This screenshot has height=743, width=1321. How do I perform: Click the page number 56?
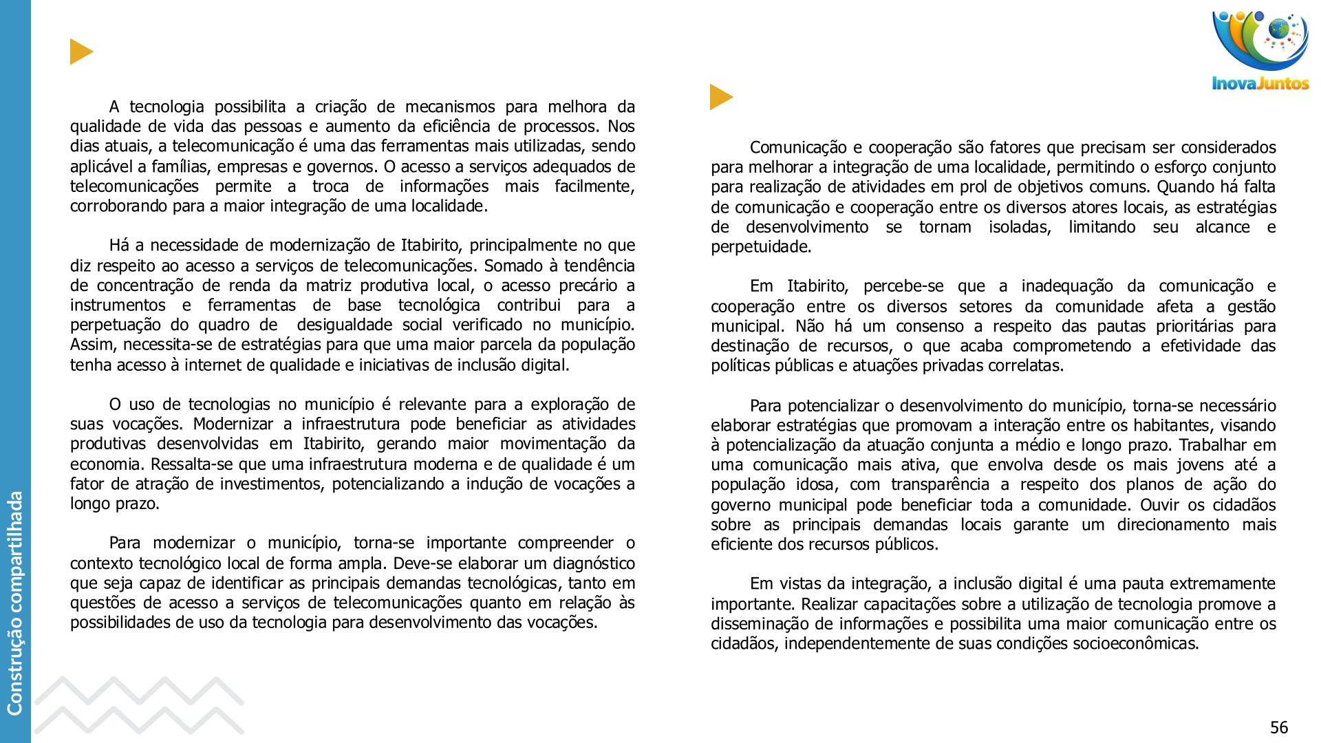pos(1278,728)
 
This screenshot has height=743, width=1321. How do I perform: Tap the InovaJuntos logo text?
pos(1260,84)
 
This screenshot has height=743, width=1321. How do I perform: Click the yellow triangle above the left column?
pos(80,52)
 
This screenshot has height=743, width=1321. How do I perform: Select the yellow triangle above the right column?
pos(720,97)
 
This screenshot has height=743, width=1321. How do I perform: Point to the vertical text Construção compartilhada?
pos(15,603)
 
